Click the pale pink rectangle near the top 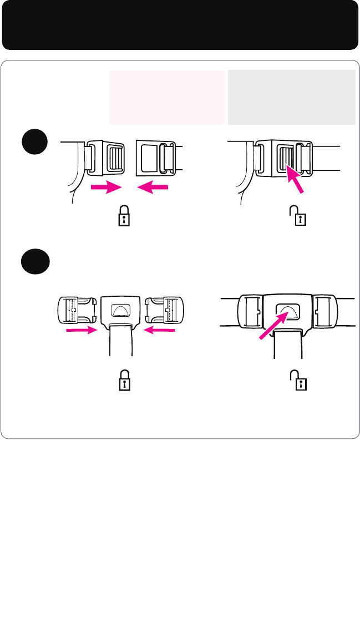click(x=166, y=97)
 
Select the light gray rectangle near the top click(x=292, y=97)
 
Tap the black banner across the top click(x=180, y=25)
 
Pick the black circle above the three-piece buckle click(x=36, y=260)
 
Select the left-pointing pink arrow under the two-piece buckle click(x=152, y=188)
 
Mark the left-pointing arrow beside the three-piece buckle click(x=160, y=331)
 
